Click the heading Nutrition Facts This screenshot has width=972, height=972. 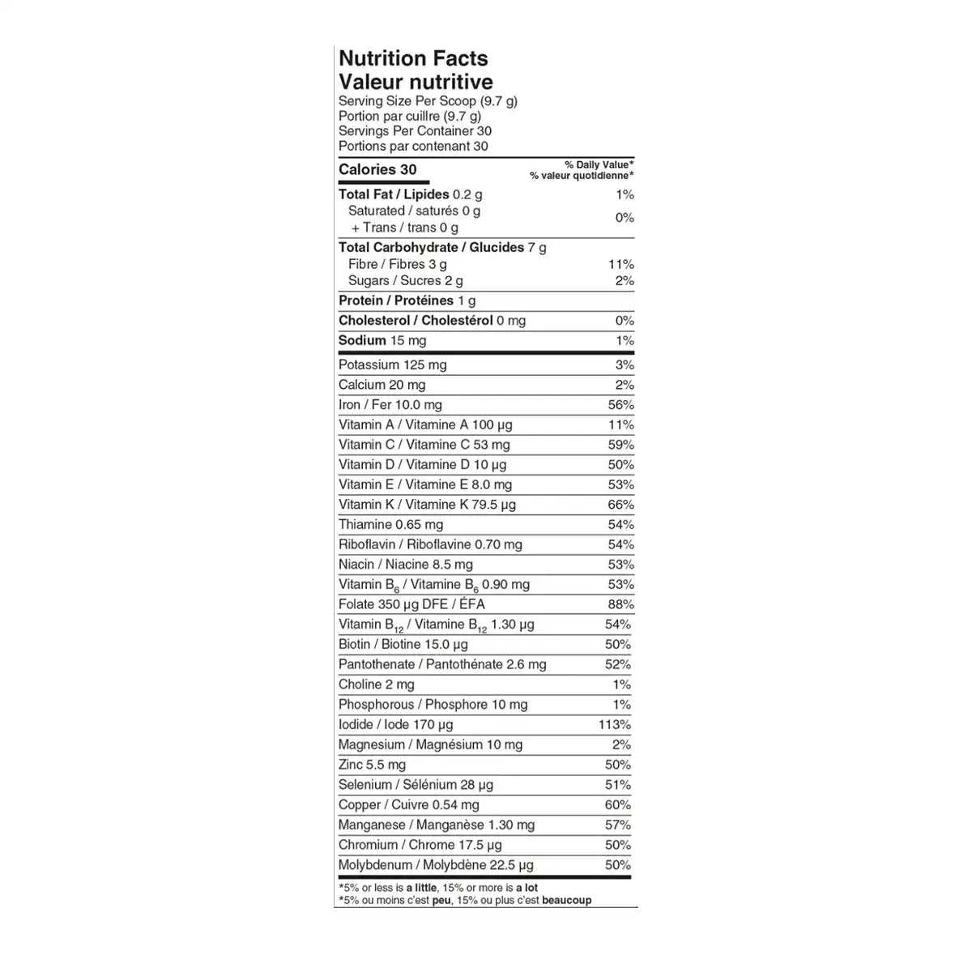(x=413, y=58)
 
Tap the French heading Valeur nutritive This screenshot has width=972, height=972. (x=416, y=82)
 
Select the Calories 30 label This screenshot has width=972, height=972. (x=377, y=169)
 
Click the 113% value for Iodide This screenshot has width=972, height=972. (x=615, y=725)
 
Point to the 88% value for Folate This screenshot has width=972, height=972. (x=620, y=604)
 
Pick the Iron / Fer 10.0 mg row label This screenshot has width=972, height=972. (x=390, y=405)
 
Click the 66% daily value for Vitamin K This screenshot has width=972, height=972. (x=620, y=505)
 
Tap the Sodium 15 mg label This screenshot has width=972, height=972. (x=382, y=341)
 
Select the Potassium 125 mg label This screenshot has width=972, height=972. (x=393, y=365)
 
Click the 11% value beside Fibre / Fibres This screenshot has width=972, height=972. (x=620, y=264)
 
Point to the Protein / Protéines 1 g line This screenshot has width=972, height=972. (x=407, y=301)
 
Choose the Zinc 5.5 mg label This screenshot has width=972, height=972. (x=372, y=765)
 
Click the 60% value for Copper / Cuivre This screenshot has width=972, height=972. (x=617, y=805)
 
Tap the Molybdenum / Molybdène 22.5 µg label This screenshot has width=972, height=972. (x=436, y=865)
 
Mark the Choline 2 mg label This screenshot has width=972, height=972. (x=377, y=684)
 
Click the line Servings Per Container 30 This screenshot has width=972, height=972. (x=415, y=131)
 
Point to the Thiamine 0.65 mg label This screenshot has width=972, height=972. (x=391, y=525)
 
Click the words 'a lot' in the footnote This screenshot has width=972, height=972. (x=526, y=888)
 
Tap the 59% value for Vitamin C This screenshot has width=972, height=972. (x=620, y=445)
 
